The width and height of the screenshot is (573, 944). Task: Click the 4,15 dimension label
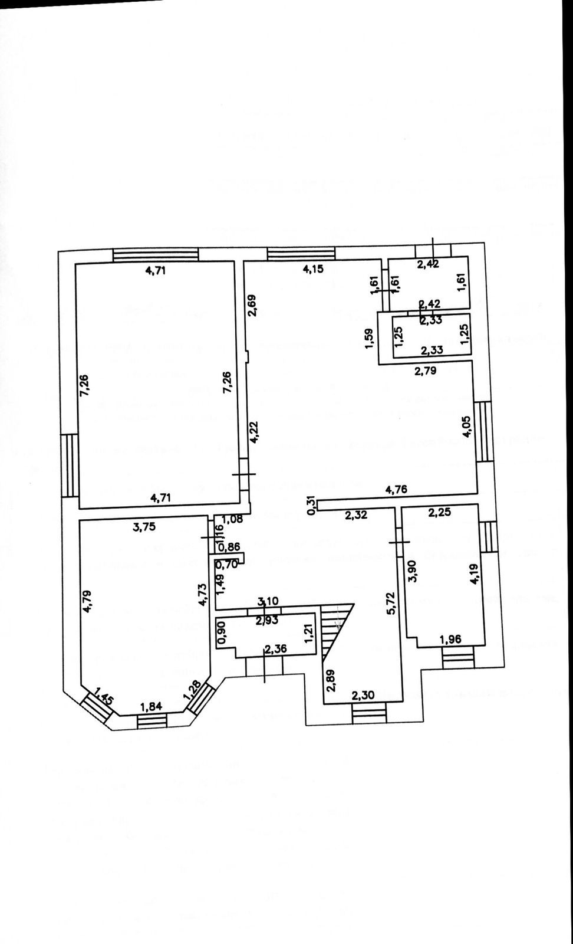tap(313, 270)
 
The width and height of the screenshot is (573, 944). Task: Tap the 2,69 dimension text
tap(252, 304)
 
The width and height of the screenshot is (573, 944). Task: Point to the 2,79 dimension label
tap(426, 371)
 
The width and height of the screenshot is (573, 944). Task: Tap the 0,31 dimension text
tap(311, 505)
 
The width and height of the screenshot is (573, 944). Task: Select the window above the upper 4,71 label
tap(156, 255)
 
